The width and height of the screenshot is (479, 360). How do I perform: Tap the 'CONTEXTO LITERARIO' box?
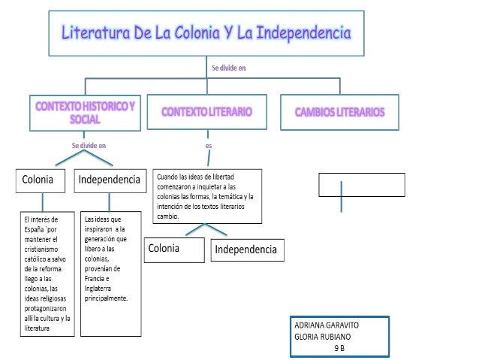206,111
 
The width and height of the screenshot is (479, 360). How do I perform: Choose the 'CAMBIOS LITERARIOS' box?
339,112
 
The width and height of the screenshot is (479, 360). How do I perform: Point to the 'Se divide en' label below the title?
228,68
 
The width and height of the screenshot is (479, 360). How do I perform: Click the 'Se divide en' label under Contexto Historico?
88,145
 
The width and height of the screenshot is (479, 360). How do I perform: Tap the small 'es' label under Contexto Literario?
208,145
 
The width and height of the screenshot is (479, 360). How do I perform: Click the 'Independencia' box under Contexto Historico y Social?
109,180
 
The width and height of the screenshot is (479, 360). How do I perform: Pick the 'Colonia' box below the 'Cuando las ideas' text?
174,248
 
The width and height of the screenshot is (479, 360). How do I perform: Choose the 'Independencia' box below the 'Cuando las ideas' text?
246,250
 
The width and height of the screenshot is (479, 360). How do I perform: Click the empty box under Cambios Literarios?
361,184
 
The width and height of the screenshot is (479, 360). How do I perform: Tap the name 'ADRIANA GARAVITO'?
327,325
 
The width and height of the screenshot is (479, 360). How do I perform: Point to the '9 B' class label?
339,348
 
